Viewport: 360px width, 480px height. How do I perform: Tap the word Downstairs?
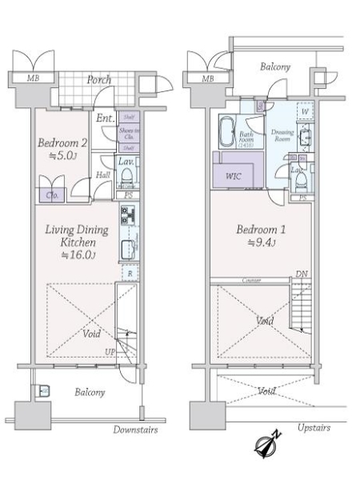click(135, 430)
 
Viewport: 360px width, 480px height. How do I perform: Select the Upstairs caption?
click(313, 429)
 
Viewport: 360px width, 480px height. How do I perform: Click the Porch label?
click(99, 80)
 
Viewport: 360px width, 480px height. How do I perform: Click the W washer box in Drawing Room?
click(305, 113)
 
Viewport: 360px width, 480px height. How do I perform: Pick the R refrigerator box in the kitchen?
click(130, 273)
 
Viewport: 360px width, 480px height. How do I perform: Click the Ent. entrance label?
click(104, 119)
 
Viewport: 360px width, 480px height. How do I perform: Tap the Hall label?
click(104, 174)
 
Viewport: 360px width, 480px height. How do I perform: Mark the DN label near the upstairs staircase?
click(302, 274)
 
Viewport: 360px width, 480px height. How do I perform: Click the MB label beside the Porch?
click(32, 78)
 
